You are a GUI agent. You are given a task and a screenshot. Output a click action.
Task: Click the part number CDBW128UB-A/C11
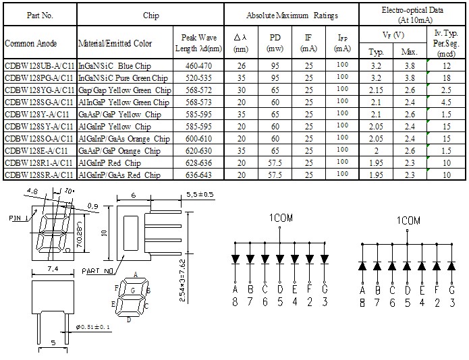point(40,65)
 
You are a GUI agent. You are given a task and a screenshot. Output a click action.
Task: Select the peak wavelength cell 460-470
point(198,65)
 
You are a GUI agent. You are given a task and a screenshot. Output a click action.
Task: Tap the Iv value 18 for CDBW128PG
point(446,78)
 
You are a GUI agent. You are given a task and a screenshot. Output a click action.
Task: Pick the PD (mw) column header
point(275,42)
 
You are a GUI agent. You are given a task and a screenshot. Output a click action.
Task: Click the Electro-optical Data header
point(412,15)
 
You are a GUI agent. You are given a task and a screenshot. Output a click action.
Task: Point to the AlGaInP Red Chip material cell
point(109,163)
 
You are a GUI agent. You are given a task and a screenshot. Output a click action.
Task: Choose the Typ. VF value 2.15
point(376,90)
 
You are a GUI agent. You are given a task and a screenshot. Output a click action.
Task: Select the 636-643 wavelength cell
point(198,175)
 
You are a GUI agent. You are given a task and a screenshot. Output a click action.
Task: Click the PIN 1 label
point(18,218)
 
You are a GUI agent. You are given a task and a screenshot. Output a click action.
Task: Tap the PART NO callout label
point(98,271)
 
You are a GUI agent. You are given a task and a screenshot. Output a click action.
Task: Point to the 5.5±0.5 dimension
point(200,194)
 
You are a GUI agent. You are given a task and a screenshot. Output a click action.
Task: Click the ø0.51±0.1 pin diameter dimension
point(93,327)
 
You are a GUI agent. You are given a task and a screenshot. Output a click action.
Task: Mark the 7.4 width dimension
point(53,269)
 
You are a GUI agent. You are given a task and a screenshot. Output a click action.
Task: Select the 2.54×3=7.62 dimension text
point(183,280)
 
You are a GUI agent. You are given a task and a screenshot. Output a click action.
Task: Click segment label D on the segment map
point(129,320)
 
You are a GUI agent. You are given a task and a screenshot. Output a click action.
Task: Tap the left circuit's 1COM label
point(281,218)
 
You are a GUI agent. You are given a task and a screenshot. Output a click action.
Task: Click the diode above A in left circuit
point(236,259)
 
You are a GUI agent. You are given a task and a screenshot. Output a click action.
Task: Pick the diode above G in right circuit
point(451,266)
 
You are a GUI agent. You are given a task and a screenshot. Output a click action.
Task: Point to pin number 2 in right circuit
point(437,303)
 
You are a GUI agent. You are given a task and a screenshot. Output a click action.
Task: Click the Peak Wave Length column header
point(198,42)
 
